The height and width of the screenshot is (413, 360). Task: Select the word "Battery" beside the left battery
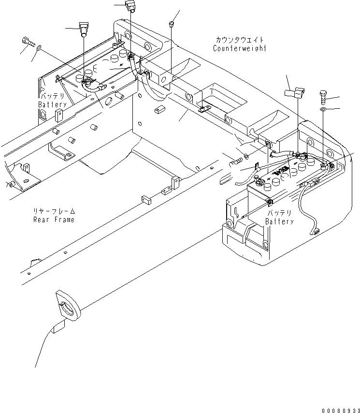coord(53,105)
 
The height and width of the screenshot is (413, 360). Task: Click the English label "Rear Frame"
coord(54,220)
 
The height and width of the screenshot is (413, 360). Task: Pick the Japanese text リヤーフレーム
coord(54,211)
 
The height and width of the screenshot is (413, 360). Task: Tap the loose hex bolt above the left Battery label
coord(29,42)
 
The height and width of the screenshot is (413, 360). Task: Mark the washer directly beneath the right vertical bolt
coord(322,110)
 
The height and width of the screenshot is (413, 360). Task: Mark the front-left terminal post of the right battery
coord(259,182)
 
